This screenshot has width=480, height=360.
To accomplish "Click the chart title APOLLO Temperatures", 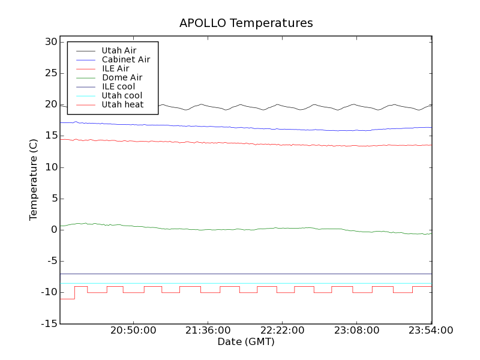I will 246,23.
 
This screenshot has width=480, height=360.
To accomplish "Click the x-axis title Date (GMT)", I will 245,341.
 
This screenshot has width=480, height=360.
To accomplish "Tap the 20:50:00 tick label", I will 133,331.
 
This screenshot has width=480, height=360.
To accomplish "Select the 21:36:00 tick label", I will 208,331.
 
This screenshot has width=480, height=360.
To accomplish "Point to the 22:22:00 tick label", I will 282,331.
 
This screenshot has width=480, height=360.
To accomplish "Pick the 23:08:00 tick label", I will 356,331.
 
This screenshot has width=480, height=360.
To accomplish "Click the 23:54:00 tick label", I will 431,331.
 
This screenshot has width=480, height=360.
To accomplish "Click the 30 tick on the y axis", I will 50,42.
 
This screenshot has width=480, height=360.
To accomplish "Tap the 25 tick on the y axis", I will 50,73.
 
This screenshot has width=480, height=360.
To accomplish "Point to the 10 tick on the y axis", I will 50,167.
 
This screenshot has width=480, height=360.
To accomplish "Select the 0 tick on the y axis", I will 53,230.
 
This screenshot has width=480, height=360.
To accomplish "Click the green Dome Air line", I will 240,229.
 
